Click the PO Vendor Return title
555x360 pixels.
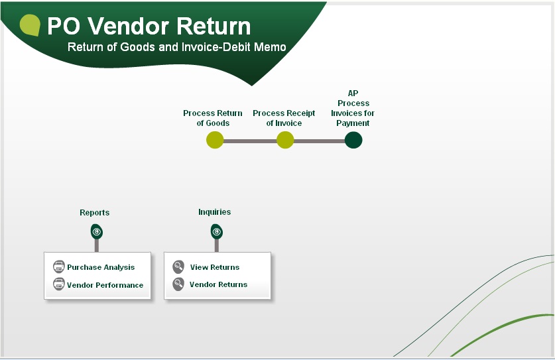(x=149, y=27)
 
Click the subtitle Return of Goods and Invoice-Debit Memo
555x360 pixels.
(x=176, y=47)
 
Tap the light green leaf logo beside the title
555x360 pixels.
(x=30, y=25)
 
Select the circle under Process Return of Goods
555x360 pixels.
(x=215, y=140)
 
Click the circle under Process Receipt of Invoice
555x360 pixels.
(x=285, y=140)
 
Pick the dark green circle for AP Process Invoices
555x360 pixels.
(x=353, y=140)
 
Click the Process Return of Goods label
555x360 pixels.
(x=213, y=118)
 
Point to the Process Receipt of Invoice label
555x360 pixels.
(x=284, y=118)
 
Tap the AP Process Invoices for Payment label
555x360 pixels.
(x=353, y=108)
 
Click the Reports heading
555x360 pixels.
(x=95, y=212)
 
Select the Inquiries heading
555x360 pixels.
(x=214, y=211)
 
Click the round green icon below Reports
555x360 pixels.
(x=97, y=232)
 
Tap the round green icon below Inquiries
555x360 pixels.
(x=217, y=232)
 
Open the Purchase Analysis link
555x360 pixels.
(x=101, y=267)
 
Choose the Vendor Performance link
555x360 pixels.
(x=105, y=285)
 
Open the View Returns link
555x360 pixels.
(x=215, y=267)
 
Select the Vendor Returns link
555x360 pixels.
(x=218, y=284)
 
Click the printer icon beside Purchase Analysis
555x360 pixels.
(x=59, y=267)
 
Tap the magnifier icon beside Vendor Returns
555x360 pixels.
(x=178, y=284)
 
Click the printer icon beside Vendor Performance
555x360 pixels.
(x=59, y=284)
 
